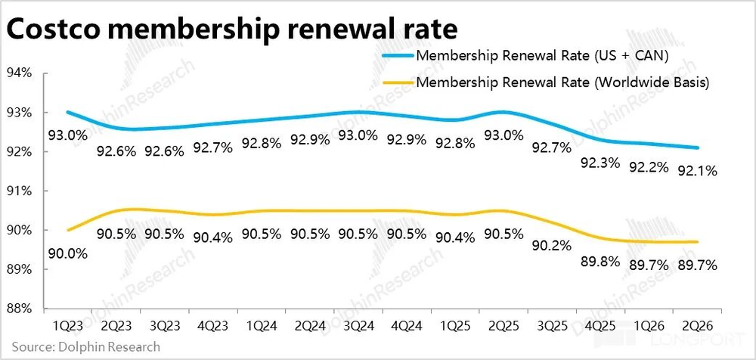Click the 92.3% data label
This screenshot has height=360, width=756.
click(x=600, y=162)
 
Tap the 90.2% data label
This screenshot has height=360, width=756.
click(x=553, y=245)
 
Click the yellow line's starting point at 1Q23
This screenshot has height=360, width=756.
click(x=69, y=230)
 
